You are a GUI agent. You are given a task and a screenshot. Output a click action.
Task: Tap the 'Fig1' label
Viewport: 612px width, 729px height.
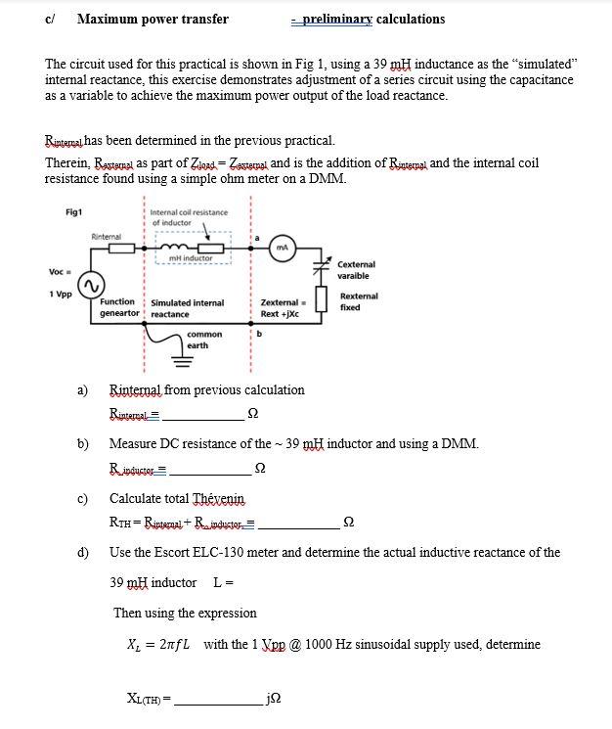coord(73,212)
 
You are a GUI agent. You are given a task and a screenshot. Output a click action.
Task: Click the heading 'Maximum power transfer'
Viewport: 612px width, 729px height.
coord(153,19)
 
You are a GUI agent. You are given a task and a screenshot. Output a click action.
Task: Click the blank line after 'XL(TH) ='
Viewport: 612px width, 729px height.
coord(220,701)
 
